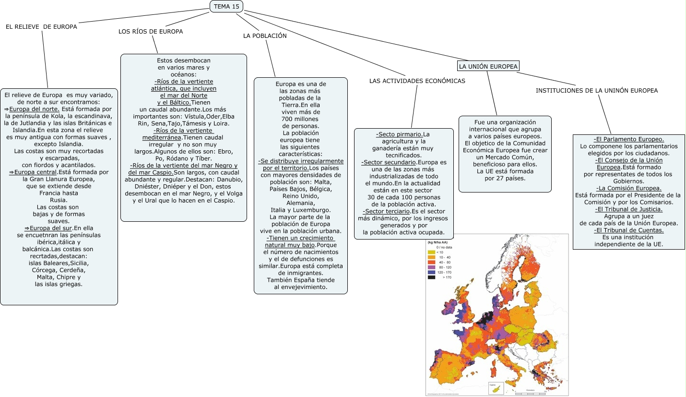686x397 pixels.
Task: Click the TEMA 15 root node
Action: point(226,6)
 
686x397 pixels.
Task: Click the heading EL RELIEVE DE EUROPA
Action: point(41,27)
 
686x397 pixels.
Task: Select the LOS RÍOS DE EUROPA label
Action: point(151,32)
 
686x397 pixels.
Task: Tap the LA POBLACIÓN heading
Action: point(265,36)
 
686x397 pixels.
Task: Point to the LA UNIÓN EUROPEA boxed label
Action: point(488,66)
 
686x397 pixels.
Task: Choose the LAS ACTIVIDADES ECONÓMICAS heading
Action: point(417,81)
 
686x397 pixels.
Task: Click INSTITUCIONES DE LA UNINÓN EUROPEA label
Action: point(597,90)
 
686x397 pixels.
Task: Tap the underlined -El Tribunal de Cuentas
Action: point(628,230)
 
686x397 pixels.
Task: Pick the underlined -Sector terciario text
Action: point(386,211)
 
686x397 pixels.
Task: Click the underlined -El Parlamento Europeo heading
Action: point(628,139)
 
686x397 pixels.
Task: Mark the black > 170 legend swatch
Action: point(431,277)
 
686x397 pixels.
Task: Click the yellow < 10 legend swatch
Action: point(431,252)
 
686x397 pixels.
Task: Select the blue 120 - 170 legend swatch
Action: point(431,272)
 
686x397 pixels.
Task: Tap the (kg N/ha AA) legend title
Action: point(437,242)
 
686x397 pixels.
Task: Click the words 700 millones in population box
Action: point(300,119)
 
